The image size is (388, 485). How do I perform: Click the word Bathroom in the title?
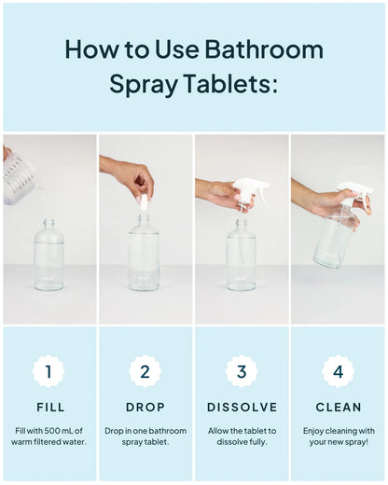tap(264, 49)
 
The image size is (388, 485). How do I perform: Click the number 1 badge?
tap(49, 372)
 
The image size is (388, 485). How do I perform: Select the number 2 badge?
tap(145, 372)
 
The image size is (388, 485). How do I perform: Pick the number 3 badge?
tap(242, 372)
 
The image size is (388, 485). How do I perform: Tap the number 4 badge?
tap(338, 372)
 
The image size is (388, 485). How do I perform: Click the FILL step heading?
tap(49, 408)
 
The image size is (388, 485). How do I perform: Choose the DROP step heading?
tap(145, 408)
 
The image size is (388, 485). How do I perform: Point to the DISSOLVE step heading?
tap(242, 408)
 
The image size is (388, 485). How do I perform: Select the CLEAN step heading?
tap(338, 408)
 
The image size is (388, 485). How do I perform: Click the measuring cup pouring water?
tap(21, 179)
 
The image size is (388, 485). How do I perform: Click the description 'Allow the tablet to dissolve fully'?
tap(242, 436)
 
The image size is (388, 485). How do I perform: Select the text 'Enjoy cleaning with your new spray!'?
tap(338, 436)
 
